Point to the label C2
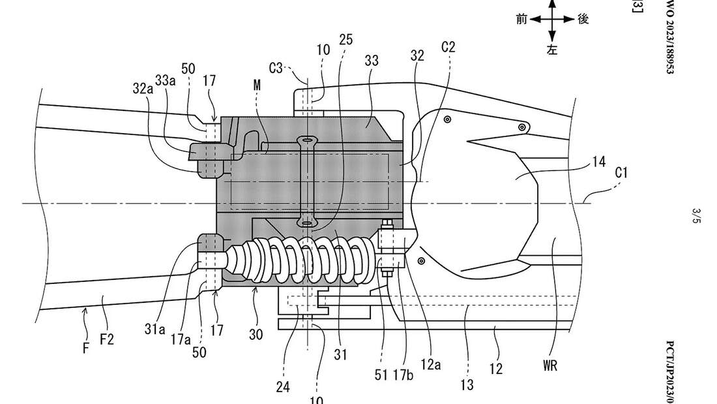click(448, 47)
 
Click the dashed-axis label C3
click(277, 67)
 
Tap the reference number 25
click(346, 40)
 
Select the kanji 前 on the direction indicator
click(521, 19)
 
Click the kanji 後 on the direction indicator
click(583, 19)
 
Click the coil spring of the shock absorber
click(300, 257)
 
